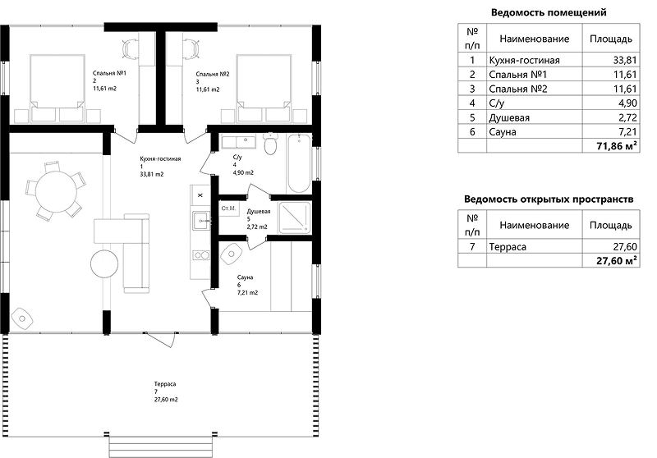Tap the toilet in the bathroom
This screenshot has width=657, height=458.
tap(271, 144)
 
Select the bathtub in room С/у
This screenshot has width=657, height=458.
tap(299, 163)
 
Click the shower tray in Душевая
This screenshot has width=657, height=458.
tap(295, 218)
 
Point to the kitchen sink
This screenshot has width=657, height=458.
tap(201, 220)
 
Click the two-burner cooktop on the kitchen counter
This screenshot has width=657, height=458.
tap(201, 255)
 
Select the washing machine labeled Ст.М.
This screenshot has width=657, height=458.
tap(229, 208)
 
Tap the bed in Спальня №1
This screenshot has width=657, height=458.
tap(57, 88)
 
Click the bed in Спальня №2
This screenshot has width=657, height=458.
tap(264, 88)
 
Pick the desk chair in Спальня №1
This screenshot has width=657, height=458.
tap(131, 48)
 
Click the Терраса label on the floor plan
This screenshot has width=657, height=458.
tap(165, 384)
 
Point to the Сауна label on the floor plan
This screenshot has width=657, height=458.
tap(245, 277)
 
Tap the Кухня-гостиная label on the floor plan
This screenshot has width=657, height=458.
tap(160, 159)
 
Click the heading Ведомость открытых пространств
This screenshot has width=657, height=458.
tap(549, 199)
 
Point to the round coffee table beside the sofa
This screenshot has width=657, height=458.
tap(105, 263)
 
